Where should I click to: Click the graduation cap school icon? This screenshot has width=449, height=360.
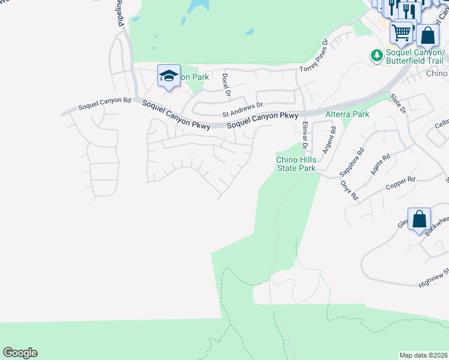click(x=169, y=76)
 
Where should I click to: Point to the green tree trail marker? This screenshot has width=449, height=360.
click(x=376, y=55)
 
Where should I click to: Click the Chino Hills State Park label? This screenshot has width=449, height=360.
click(x=295, y=164)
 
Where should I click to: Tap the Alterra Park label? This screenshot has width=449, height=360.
click(x=347, y=113)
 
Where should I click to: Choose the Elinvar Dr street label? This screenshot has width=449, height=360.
click(x=305, y=136)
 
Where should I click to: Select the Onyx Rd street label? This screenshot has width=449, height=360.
click(x=349, y=190)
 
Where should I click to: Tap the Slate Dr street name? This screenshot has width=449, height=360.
click(x=398, y=103)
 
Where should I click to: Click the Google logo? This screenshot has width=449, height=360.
click(x=20, y=353)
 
